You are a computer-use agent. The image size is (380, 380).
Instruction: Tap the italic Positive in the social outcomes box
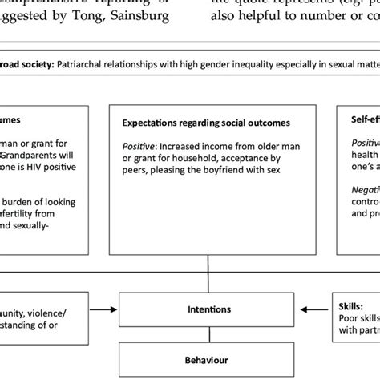pos(139,147)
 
